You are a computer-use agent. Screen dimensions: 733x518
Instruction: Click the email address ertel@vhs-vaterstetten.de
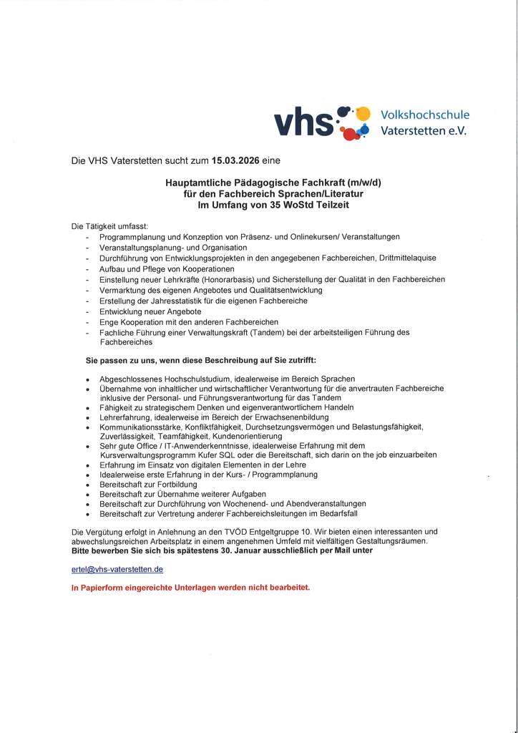tap(118, 569)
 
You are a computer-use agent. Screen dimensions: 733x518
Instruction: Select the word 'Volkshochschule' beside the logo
tap(424, 115)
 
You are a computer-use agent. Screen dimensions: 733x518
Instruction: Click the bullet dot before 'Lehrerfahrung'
tap(87, 417)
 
